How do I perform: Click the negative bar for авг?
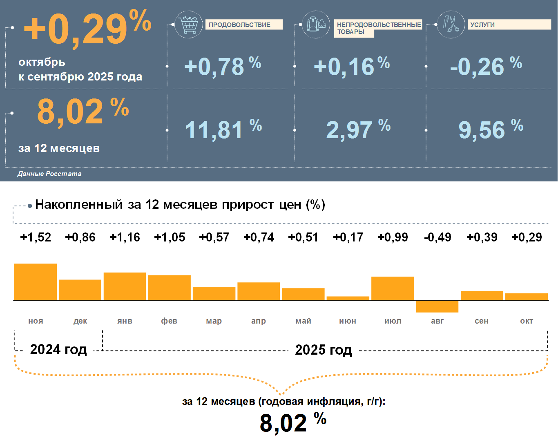pyautogui.click(x=437, y=306)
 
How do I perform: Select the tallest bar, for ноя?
pyautogui.click(x=36, y=282)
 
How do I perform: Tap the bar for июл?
pyautogui.click(x=393, y=288)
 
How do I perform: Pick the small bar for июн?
pyautogui.click(x=348, y=298)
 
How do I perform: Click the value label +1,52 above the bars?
pyautogui.click(x=36, y=237)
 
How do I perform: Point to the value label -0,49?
pyautogui.click(x=437, y=237)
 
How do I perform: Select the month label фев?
pyautogui.click(x=169, y=321)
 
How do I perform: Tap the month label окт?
pyautogui.click(x=527, y=321)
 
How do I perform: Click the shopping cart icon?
pyautogui.click(x=188, y=25)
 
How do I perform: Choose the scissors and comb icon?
pyautogui.click(x=451, y=25)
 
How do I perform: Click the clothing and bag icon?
pyautogui.click(x=316, y=25)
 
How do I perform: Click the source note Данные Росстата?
pyautogui.click(x=49, y=174)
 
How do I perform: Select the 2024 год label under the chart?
pyautogui.click(x=58, y=350)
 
